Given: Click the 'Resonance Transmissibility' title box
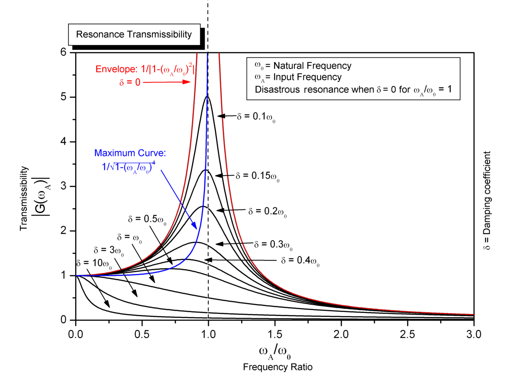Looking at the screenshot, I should point(134,35).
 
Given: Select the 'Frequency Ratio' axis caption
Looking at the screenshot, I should point(278,367).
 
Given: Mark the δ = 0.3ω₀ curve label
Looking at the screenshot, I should point(273,245).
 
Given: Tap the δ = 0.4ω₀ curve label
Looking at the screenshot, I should point(300,260).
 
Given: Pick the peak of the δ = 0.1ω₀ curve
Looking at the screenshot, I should point(208,96).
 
